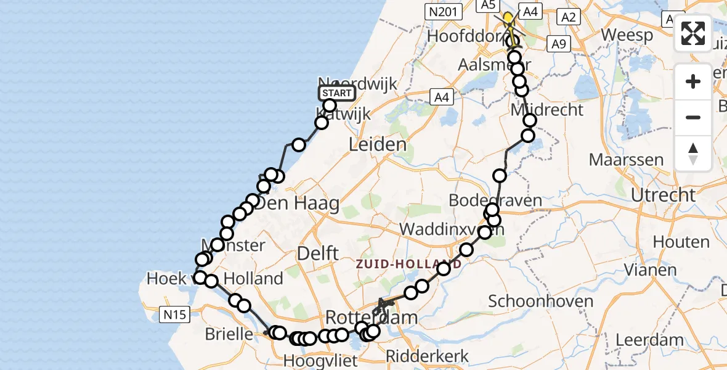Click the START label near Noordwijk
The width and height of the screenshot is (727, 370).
[x=337, y=94]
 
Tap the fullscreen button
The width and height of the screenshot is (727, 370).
[x=693, y=33]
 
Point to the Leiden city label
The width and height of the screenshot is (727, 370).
[x=378, y=146]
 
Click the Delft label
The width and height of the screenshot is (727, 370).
[x=317, y=253]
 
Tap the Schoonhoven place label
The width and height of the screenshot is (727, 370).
[x=532, y=302]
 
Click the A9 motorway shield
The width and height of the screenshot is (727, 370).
[x=559, y=44]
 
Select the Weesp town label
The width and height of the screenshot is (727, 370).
[x=627, y=35]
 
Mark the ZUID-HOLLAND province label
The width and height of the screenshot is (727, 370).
[x=408, y=265]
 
